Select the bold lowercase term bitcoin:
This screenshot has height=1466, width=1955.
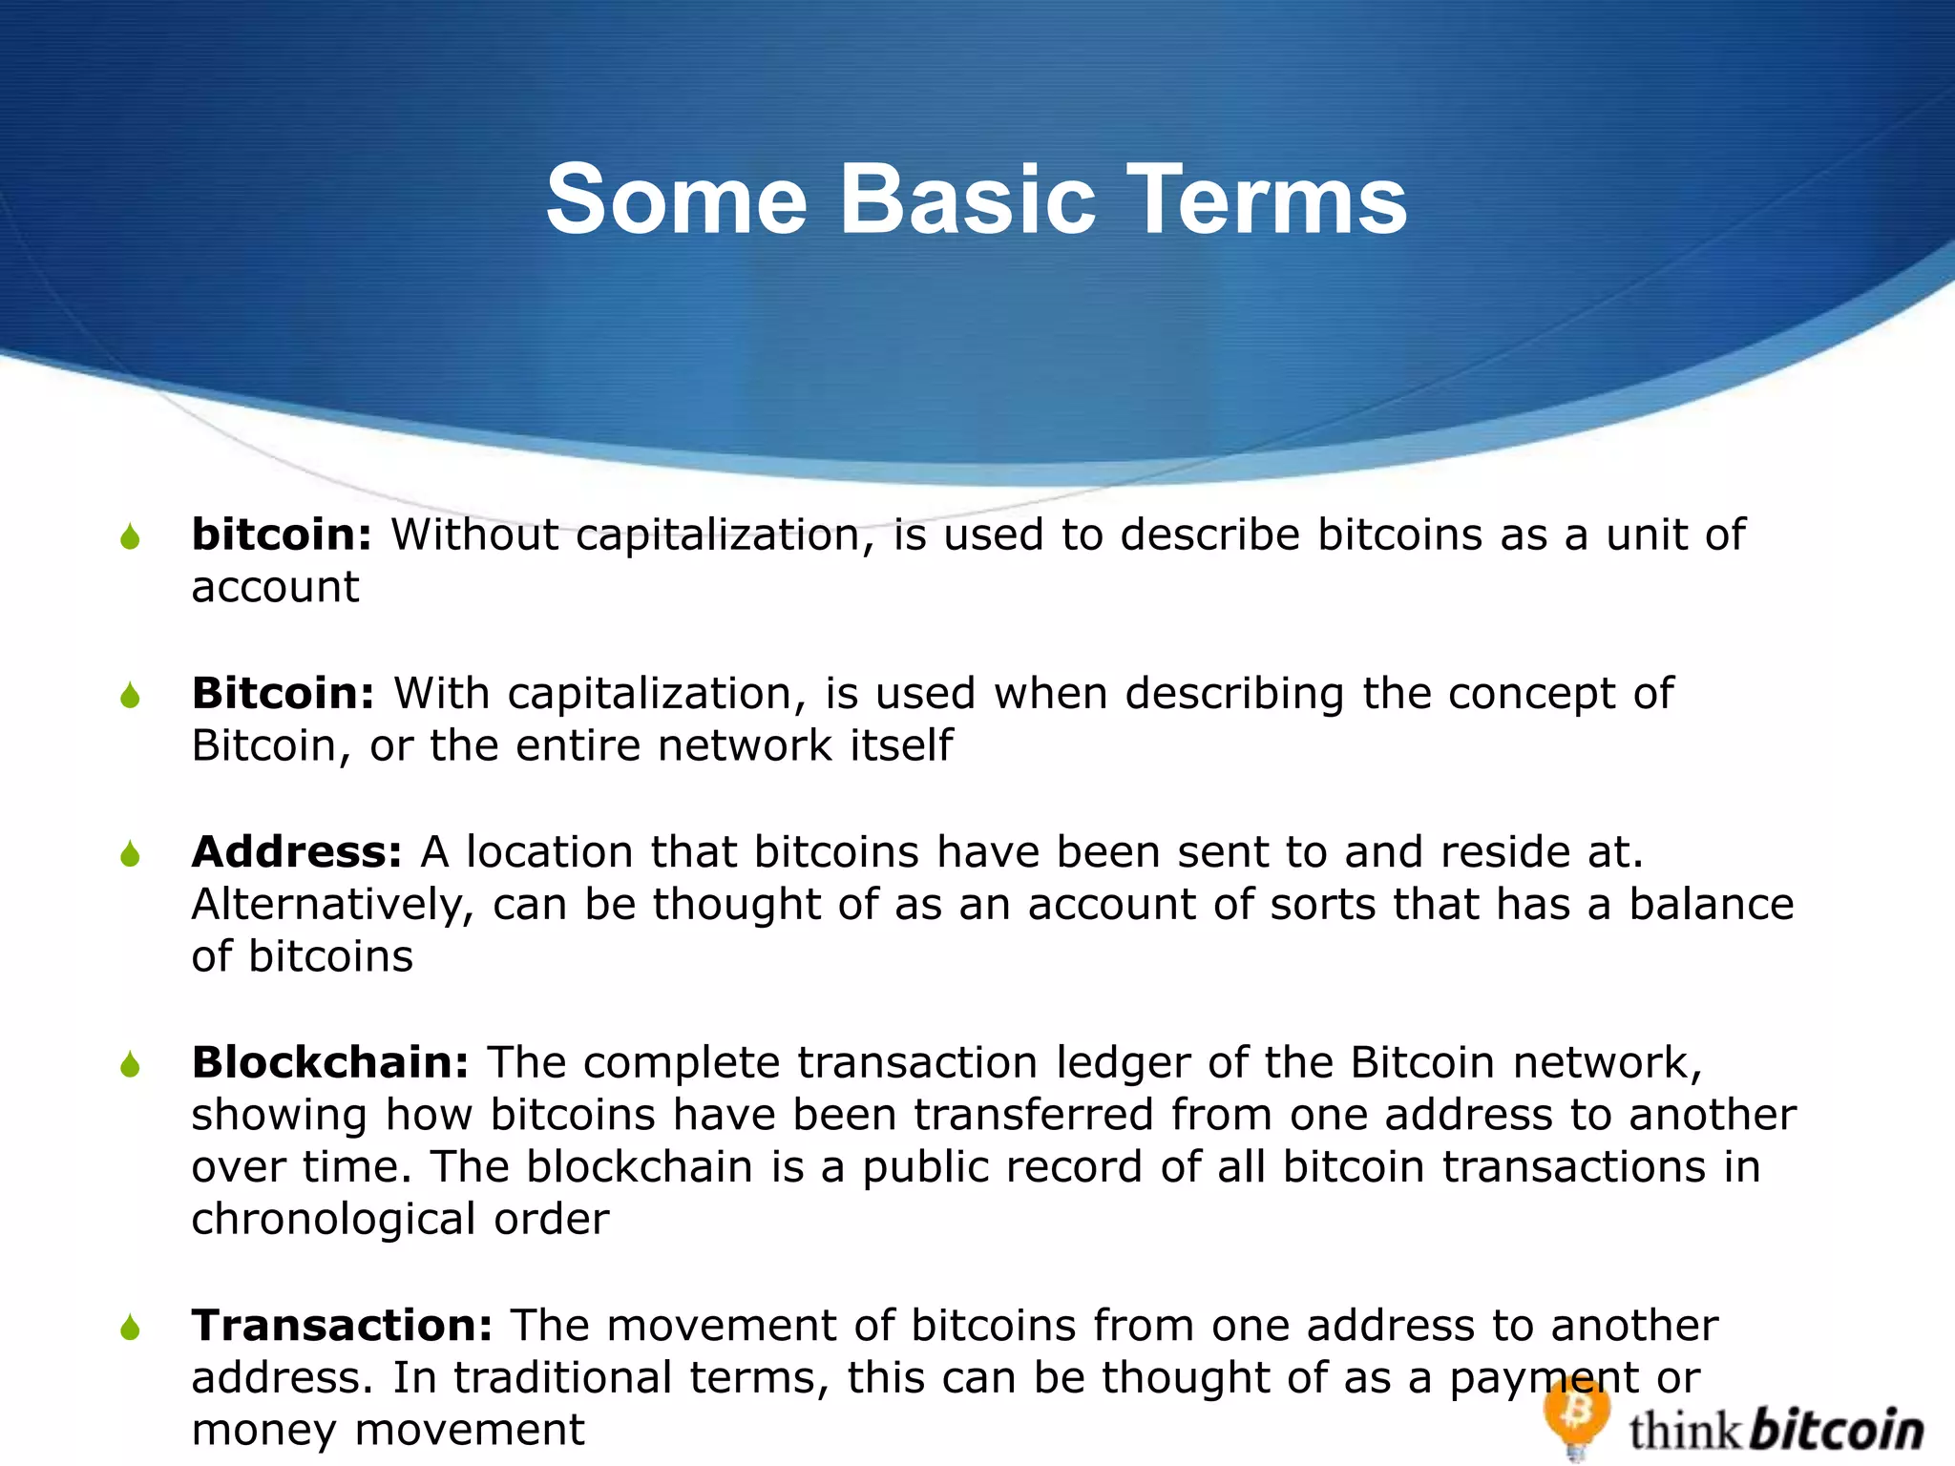pyautogui.click(x=282, y=534)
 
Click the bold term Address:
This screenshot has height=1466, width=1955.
pyautogui.click(x=297, y=851)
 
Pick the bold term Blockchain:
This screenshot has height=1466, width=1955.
pyautogui.click(x=330, y=1062)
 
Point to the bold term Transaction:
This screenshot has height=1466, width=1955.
pyautogui.click(x=342, y=1326)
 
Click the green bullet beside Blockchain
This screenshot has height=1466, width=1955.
pyautogui.click(x=131, y=1065)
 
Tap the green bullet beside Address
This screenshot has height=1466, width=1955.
pyautogui.click(x=131, y=854)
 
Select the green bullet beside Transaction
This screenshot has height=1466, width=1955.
pyautogui.click(x=131, y=1328)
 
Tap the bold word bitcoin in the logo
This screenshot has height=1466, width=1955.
pyautogui.click(x=1837, y=1430)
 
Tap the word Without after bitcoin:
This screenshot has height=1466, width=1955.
pyautogui.click(x=474, y=534)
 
